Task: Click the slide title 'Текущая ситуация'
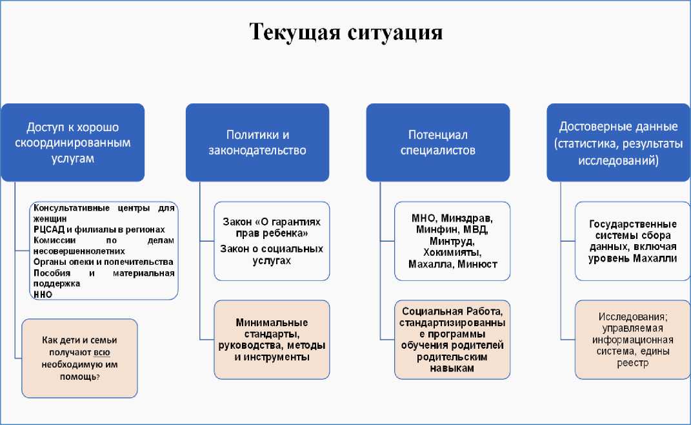coord(346,32)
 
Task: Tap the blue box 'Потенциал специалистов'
coord(437,143)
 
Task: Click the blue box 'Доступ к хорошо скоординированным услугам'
coord(72,143)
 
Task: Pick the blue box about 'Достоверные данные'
coord(618,143)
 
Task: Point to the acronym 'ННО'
coord(43,294)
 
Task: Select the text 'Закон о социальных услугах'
coord(272,254)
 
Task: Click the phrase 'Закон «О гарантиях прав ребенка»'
coord(272,226)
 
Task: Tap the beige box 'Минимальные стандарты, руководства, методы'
coord(272,339)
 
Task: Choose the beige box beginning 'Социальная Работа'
coord(452,339)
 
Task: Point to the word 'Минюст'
coord(477,264)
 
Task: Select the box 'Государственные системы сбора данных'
coord(632,241)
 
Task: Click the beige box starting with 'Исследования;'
coord(632,339)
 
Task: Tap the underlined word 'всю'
coord(101,352)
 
